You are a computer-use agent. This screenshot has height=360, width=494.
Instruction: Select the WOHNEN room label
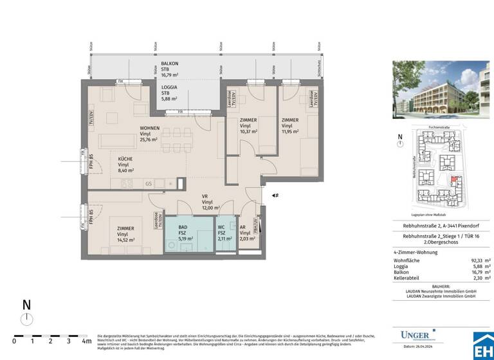coord(151,129)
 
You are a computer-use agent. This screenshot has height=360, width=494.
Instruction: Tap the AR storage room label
coord(242,228)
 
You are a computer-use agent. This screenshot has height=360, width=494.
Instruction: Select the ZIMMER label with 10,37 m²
coord(248,120)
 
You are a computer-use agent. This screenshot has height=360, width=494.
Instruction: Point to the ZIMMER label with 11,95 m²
coord(289,120)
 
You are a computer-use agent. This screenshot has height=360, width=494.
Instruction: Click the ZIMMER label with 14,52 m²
coord(125,228)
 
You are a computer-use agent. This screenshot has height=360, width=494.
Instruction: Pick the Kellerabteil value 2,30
coord(475,278)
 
